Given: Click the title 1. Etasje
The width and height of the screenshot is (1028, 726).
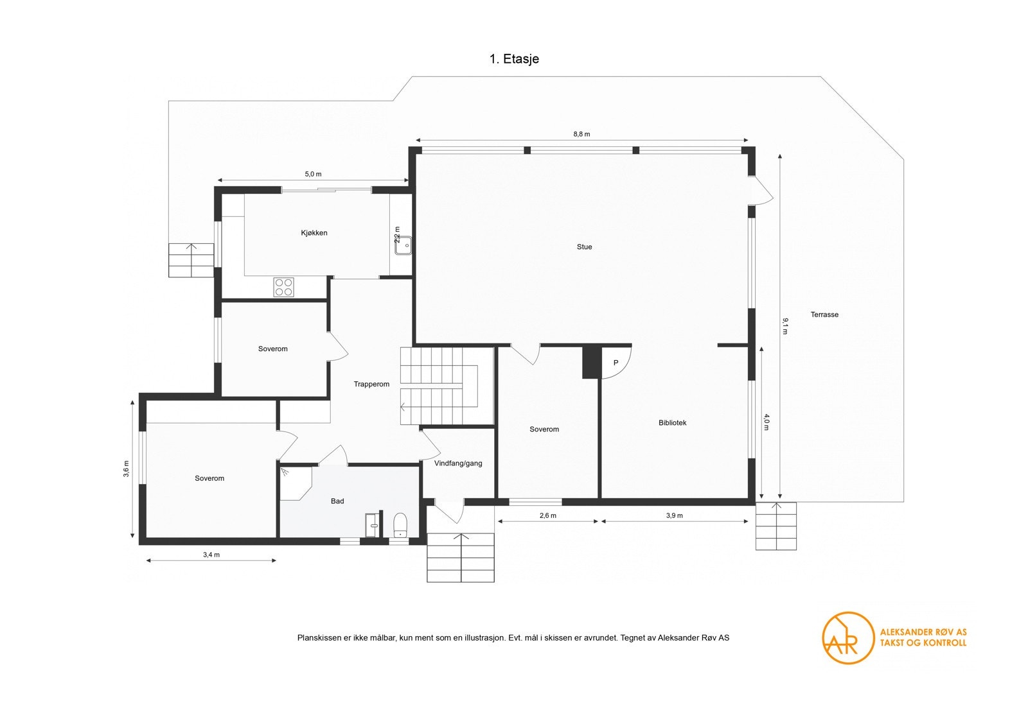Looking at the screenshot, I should click(x=514, y=59).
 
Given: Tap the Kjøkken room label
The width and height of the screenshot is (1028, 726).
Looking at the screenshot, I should click(x=314, y=233).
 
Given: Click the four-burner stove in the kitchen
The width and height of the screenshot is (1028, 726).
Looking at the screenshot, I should click(x=284, y=287).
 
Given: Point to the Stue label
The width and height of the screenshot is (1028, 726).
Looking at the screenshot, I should click(x=584, y=247).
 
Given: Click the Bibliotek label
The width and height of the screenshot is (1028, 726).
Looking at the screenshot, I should click(x=672, y=423).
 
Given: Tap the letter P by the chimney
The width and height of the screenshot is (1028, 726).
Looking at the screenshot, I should click(x=616, y=363).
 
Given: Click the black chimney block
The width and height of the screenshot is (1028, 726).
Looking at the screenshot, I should click(x=590, y=362).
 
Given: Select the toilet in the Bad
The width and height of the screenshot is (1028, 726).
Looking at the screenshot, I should click(x=400, y=524).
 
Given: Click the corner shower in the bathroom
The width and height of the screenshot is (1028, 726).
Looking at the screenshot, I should click(x=294, y=481).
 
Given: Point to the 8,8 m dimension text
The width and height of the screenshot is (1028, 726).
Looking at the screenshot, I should click(x=581, y=134).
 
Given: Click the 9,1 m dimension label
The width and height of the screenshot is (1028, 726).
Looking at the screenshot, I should click(x=784, y=326).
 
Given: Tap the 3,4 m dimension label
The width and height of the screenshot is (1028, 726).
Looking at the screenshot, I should click(x=211, y=555).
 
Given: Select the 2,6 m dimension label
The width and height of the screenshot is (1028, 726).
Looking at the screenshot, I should click(x=548, y=515).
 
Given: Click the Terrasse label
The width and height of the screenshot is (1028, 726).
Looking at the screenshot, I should click(x=824, y=315).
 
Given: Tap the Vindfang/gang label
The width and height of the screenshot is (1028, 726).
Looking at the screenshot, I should click(x=458, y=463).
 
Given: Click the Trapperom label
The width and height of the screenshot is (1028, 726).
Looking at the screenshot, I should click(x=371, y=385).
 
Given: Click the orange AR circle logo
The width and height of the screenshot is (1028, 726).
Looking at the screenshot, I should click(x=847, y=637).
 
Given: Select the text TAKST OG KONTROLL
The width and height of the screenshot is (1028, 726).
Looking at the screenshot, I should click(x=923, y=643).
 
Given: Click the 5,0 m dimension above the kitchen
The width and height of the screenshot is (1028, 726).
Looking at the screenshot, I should click(x=313, y=174).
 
